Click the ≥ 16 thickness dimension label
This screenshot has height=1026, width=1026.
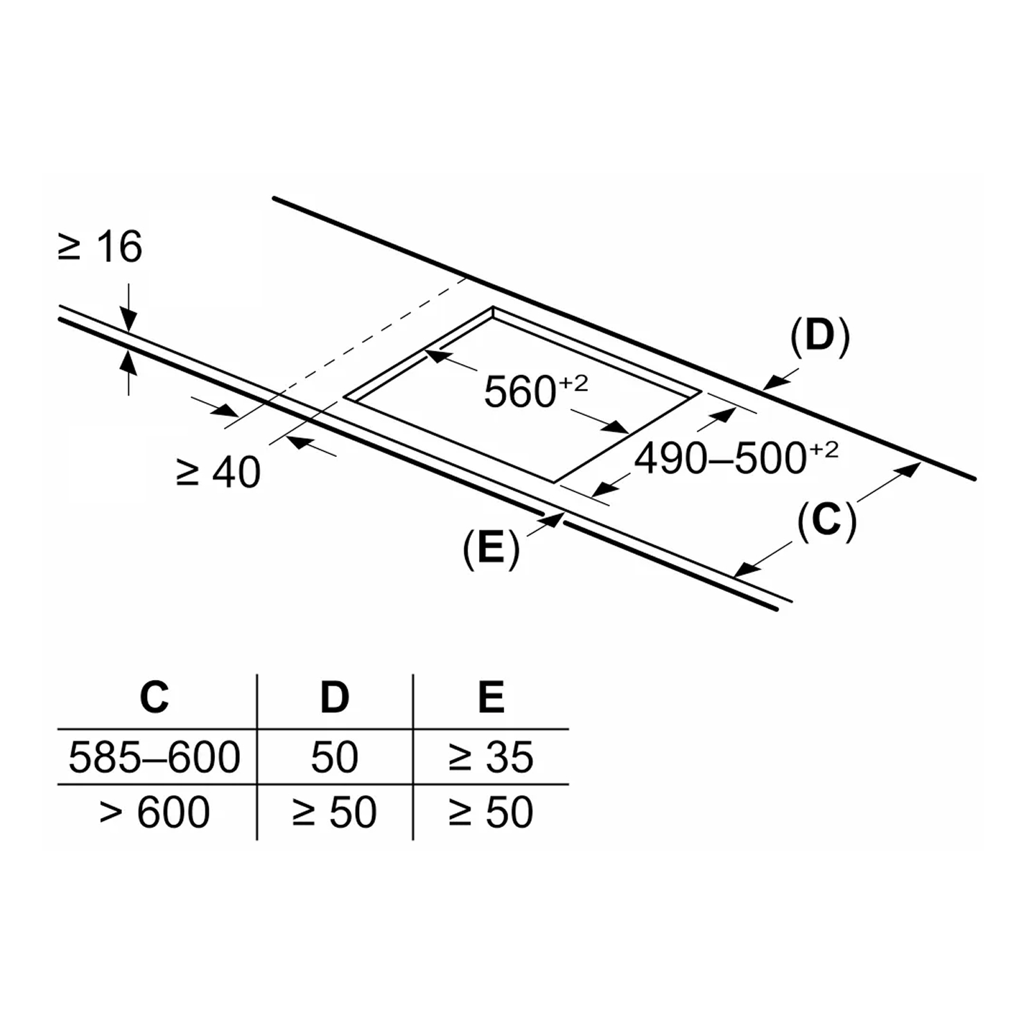(x=100, y=247)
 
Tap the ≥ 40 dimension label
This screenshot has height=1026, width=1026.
(x=218, y=472)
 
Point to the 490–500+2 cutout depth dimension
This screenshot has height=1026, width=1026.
(x=736, y=458)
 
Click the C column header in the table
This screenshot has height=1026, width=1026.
(x=154, y=697)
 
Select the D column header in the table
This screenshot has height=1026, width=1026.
(x=334, y=697)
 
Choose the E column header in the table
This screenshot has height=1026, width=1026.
(x=491, y=697)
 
